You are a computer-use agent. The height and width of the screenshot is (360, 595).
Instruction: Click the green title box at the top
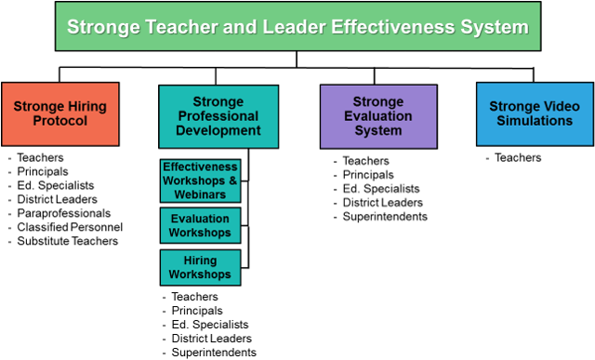pos(297,26)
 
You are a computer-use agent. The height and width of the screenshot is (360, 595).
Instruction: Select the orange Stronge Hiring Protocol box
pos(60,114)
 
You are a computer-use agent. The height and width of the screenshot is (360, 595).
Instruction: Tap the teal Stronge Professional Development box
pos(218,116)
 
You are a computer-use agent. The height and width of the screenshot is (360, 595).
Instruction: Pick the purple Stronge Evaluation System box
pos(378,116)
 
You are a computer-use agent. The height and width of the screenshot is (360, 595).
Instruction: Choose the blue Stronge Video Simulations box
pos(535,114)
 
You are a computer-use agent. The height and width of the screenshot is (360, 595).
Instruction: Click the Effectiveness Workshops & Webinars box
pos(200,180)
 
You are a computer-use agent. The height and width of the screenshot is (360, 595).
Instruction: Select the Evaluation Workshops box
pos(200,225)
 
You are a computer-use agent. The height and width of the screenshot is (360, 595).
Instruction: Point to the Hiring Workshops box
pos(200,268)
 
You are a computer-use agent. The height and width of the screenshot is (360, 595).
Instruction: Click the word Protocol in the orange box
pos(60,121)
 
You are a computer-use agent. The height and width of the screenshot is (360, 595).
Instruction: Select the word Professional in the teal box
pos(218,116)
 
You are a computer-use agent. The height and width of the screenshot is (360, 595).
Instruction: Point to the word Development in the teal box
pos(218,131)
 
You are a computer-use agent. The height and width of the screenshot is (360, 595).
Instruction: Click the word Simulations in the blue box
pos(535,121)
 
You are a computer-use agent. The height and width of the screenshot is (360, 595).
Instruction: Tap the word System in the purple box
pos(378,131)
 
